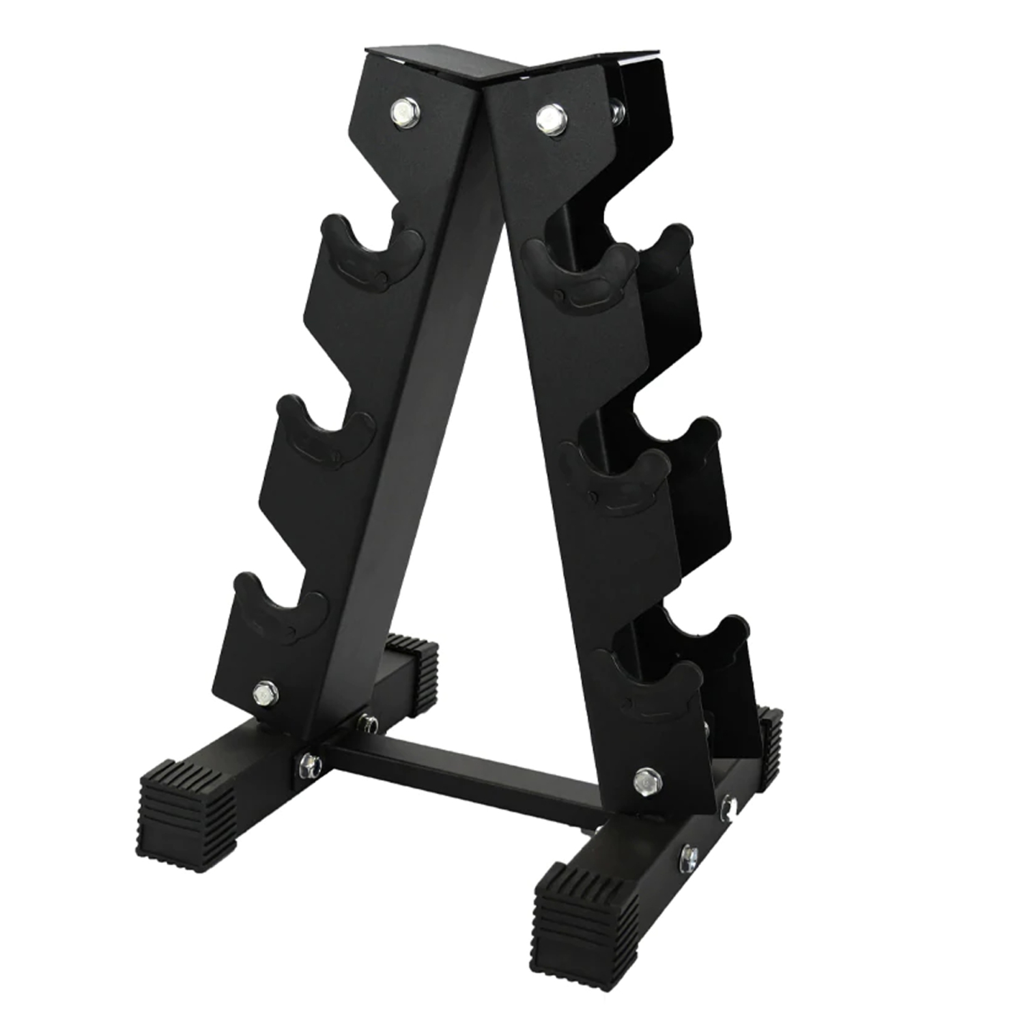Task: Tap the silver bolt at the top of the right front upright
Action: pos(546,117)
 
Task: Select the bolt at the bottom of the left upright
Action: pos(262,694)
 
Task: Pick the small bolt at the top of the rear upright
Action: pos(616,109)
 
